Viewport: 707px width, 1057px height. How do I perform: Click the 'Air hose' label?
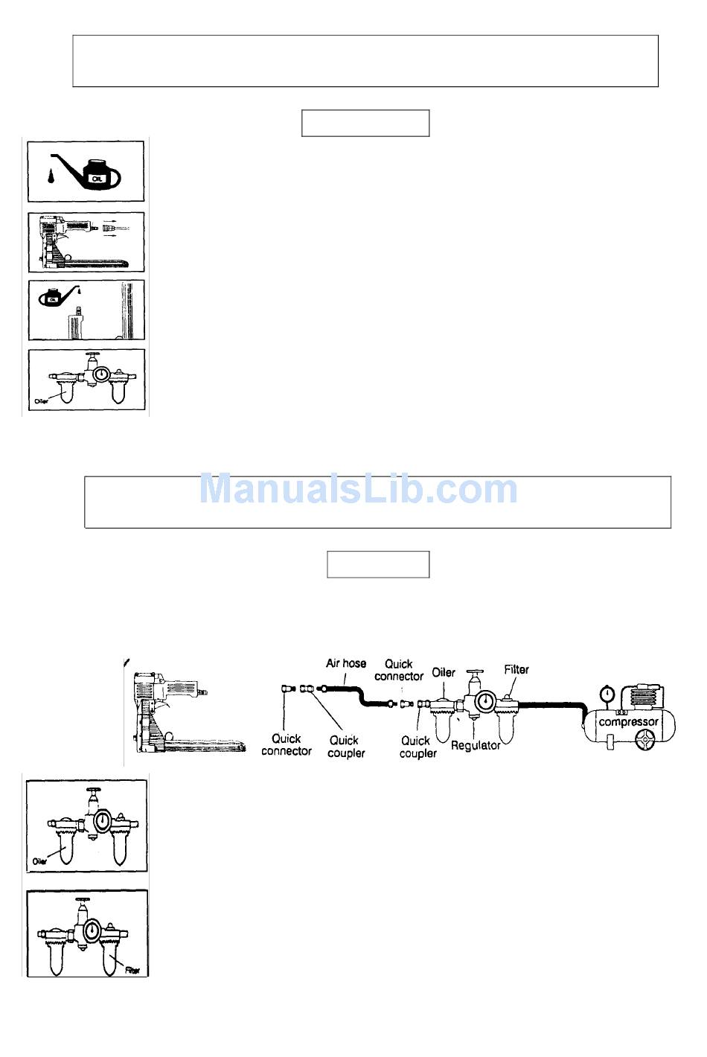[346, 663]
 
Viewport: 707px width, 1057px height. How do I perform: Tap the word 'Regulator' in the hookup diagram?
[476, 744]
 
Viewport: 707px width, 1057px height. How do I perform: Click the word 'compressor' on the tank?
[628, 722]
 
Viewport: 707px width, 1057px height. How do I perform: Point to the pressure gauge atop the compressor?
[606, 693]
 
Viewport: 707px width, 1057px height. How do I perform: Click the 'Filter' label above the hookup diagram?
[516, 669]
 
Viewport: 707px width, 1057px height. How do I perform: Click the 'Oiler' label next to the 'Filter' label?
[444, 672]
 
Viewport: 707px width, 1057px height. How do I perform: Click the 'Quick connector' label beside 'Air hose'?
[398, 670]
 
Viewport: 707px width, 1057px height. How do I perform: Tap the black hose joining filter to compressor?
[547, 703]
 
